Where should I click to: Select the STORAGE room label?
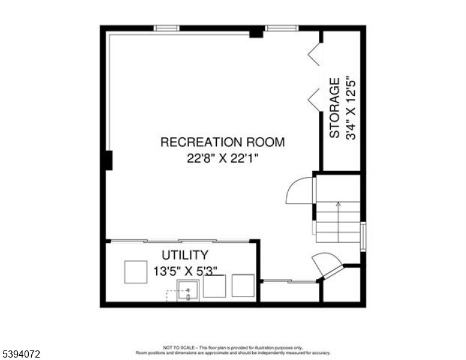334,108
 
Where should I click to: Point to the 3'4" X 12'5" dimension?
351,108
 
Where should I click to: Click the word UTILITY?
185,255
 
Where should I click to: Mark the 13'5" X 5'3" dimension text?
184,271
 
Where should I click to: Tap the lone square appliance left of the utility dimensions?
136,272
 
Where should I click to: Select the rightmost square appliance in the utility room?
243,285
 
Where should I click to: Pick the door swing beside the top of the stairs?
300,191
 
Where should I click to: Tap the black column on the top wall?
256,32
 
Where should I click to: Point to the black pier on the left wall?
107,160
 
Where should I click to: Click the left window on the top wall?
166,28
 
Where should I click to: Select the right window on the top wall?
282,28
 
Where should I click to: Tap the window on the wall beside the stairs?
363,236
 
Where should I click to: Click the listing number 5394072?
21,355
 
